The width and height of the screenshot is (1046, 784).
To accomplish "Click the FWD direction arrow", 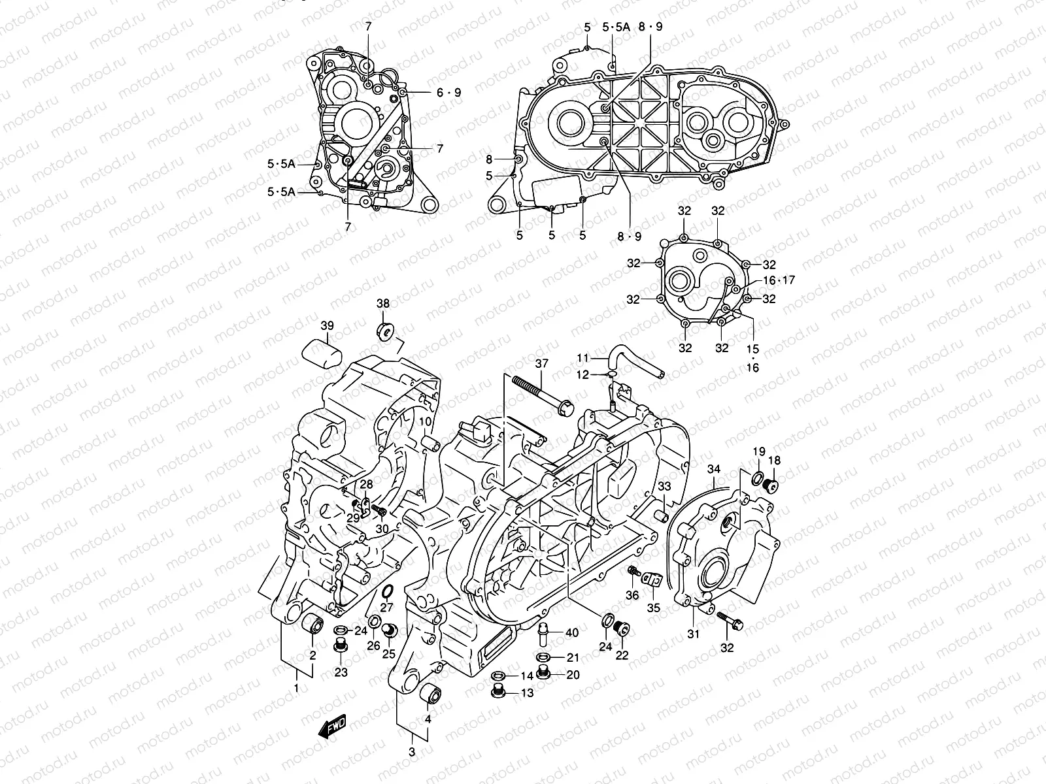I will coord(332,727).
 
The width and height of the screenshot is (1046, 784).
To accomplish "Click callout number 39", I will coord(326,325).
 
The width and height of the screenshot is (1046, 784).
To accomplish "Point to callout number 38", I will coord(382,303).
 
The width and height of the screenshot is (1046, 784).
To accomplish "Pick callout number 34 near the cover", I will coord(714,469).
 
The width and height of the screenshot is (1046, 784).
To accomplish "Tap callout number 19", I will coord(758,451).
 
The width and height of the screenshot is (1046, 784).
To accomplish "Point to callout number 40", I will coord(572,632).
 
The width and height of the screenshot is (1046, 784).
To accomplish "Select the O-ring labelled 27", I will coord(386,592).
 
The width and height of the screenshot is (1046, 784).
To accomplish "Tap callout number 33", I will coord(664,486).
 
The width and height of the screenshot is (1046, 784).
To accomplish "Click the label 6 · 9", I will coord(448,93).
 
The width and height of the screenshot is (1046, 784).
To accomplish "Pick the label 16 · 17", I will coord(778,280).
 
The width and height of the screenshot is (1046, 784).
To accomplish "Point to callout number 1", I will coord(296,688).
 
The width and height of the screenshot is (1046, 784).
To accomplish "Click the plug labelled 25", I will coord(390,631).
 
